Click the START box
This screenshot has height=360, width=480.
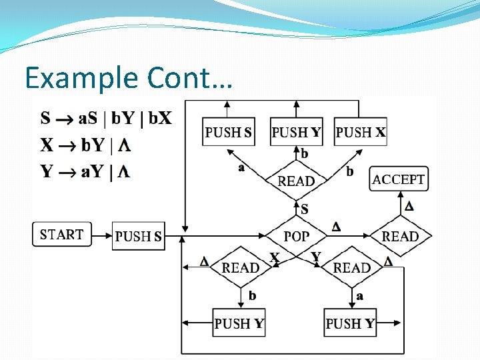click(62, 235)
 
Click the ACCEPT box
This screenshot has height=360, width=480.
click(399, 179)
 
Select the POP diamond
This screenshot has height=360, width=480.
click(297, 236)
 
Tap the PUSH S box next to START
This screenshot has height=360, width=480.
click(138, 236)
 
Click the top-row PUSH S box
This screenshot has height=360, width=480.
click(229, 132)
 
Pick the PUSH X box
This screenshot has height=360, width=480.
click(360, 132)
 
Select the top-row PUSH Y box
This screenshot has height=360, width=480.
click(297, 132)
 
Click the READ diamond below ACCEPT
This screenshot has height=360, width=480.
click(400, 236)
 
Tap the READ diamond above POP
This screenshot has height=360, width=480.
click(297, 181)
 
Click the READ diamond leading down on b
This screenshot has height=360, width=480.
click(241, 267)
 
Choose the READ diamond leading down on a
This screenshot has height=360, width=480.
click(352, 267)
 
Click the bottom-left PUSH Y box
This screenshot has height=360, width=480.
click(239, 323)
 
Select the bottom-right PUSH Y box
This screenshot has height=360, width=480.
click(351, 323)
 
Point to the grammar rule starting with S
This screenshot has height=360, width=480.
click(106, 119)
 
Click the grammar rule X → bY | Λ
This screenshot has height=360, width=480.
click(85, 145)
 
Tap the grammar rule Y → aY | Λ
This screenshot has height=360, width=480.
click(85, 172)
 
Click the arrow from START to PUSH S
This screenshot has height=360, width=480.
click(101, 235)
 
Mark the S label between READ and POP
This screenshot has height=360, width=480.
click(305, 209)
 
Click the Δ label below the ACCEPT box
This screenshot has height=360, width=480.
click(409, 206)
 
